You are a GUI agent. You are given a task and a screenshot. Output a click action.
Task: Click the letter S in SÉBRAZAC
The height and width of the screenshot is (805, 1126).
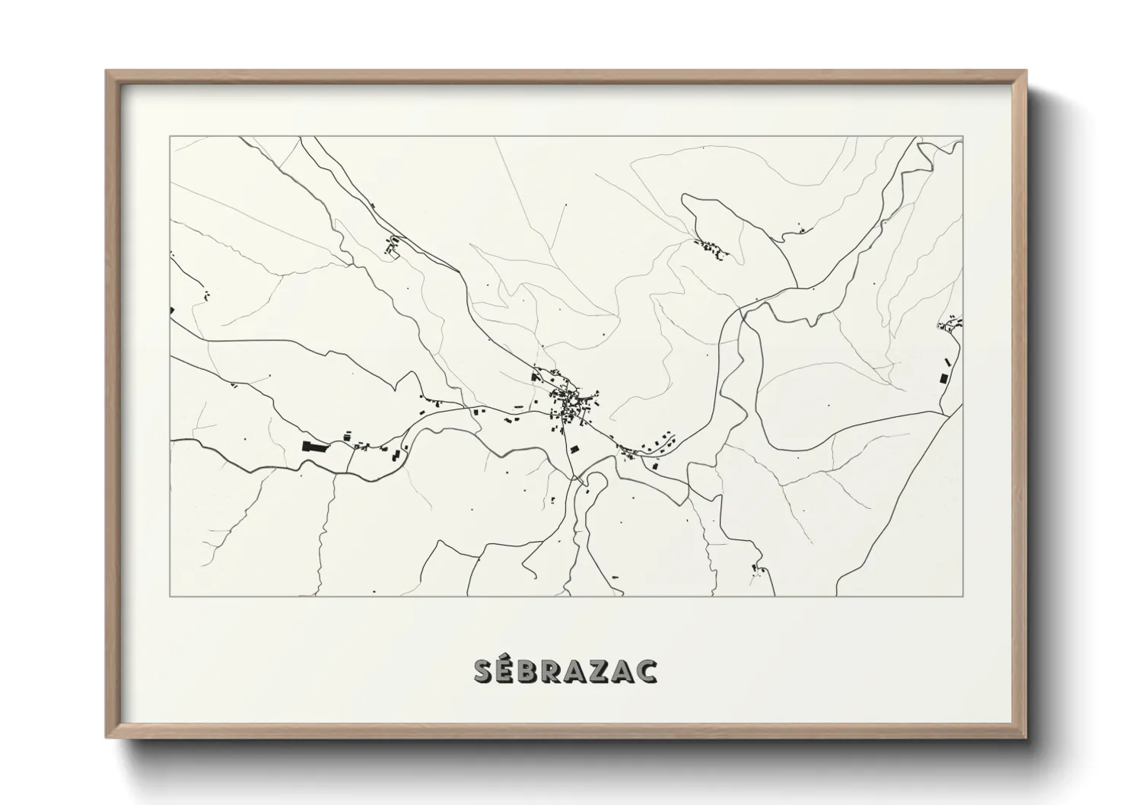click(x=484, y=671)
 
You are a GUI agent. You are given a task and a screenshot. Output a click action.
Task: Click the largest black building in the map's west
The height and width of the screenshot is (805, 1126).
click(x=313, y=447)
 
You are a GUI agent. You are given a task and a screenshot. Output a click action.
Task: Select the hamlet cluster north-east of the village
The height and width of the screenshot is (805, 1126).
click(x=711, y=247)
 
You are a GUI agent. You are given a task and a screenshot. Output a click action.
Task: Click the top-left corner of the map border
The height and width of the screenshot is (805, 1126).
click(x=171, y=137)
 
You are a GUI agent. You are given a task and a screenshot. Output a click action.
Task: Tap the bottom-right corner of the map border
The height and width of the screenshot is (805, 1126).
click(x=962, y=596)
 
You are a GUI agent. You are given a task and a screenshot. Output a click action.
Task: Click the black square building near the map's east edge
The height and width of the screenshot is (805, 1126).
click(x=943, y=378)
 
